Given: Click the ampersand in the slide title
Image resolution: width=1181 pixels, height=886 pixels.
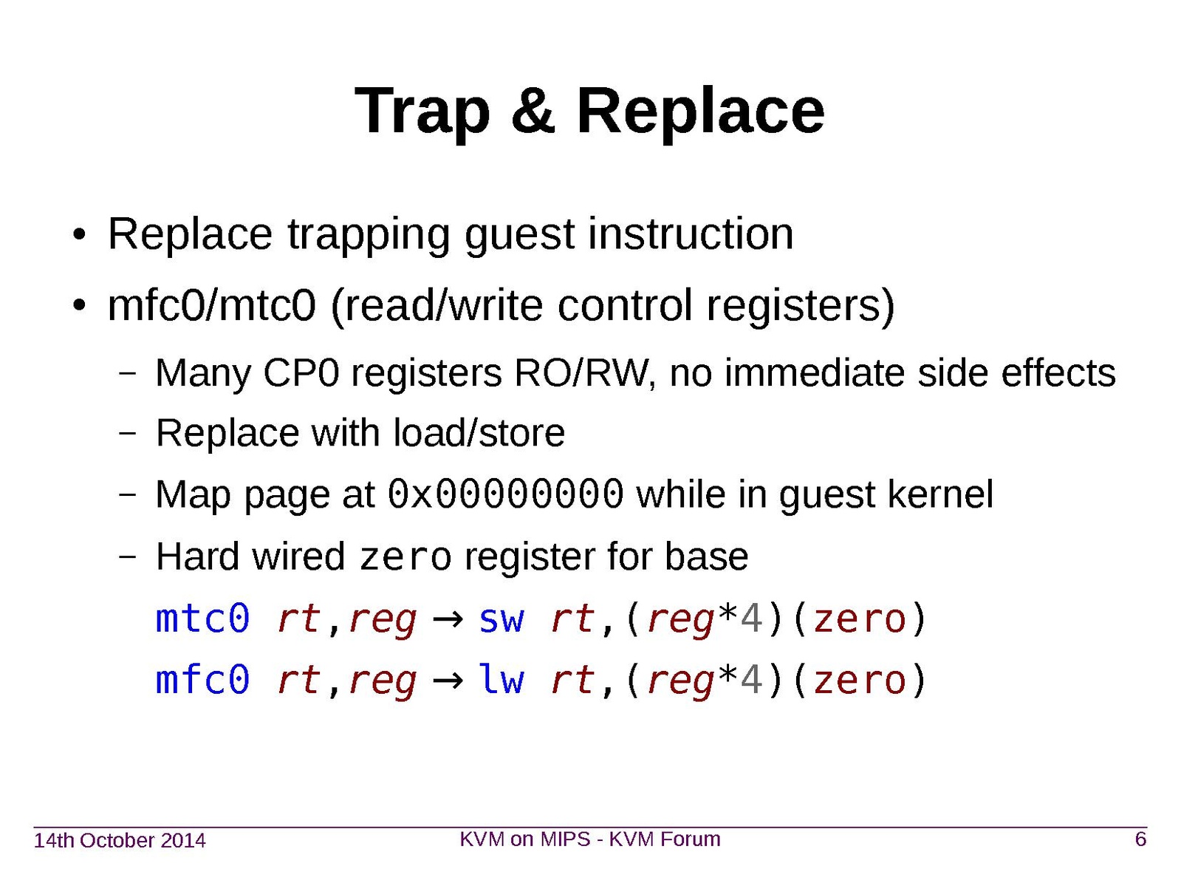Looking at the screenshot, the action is click(x=532, y=111).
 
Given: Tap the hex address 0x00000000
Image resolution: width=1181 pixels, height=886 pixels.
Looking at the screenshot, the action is click(x=505, y=494).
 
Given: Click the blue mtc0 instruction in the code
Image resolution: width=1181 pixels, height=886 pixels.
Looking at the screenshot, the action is click(x=203, y=619).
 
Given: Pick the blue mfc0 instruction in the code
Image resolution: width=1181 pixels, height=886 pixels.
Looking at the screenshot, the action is click(x=203, y=679).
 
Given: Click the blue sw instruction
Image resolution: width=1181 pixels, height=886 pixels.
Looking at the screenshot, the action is click(x=501, y=619).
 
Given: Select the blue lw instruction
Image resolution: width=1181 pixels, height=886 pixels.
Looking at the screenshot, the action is click(x=501, y=679).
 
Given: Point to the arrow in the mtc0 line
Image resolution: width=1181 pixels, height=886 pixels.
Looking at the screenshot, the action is click(x=447, y=620).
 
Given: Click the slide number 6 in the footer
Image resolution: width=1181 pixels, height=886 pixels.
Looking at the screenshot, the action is click(x=1140, y=839).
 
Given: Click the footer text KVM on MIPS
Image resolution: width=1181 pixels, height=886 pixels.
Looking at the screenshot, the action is click(x=524, y=839).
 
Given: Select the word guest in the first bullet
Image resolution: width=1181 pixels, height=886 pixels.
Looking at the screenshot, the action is click(x=520, y=235).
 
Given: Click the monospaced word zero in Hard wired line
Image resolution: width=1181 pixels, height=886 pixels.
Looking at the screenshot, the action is click(x=405, y=558).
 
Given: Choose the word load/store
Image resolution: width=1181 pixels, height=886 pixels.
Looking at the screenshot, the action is click(x=479, y=433).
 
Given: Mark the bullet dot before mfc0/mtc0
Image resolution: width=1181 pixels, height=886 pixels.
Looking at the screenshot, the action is click(x=79, y=306).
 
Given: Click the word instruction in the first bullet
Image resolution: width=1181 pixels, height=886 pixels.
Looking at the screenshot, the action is click(x=691, y=234).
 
